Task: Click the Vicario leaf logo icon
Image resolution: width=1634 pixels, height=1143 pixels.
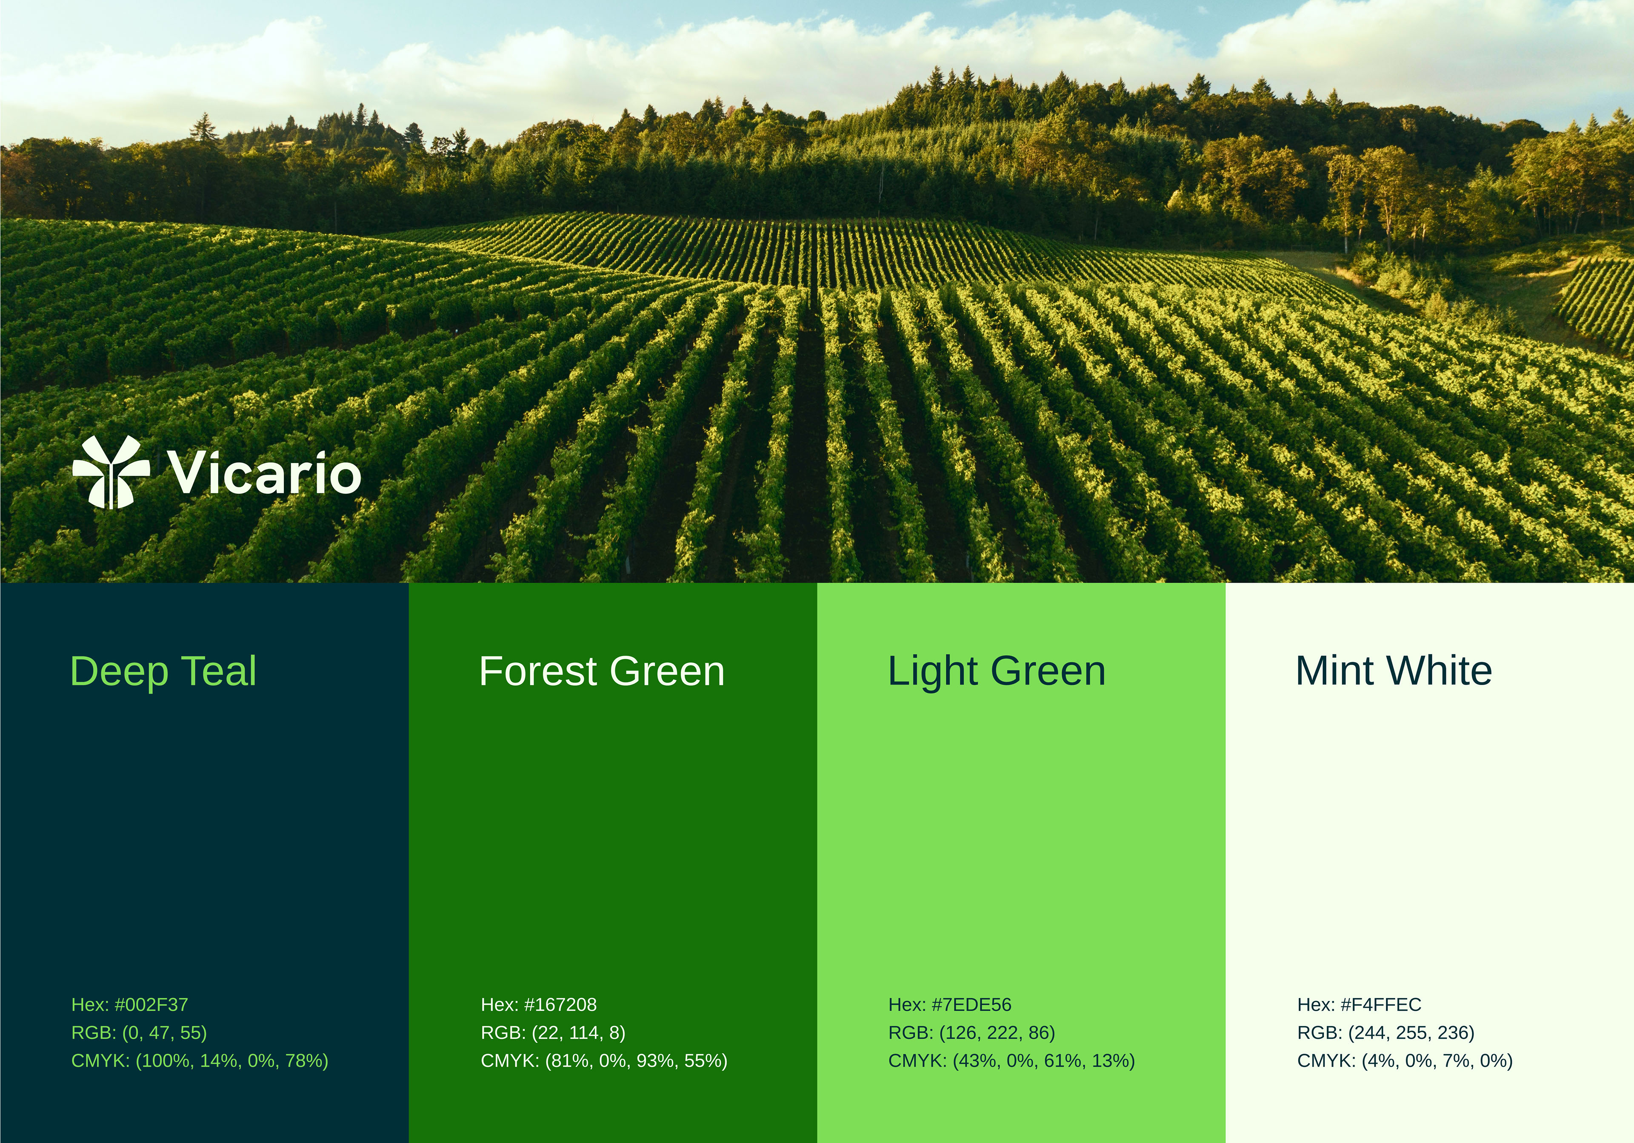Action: coord(111,472)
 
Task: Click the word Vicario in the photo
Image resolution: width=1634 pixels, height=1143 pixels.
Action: coord(264,472)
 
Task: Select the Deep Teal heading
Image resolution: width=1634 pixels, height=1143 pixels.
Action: coord(163,671)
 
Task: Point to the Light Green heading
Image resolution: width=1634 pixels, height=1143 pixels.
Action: coord(996,671)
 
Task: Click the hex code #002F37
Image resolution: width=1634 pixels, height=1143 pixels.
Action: coord(129,1005)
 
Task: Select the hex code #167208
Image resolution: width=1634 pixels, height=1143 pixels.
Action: coord(539,1005)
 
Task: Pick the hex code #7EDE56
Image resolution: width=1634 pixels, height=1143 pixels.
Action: coord(949,1005)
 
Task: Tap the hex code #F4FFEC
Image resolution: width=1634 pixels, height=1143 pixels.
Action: coord(1359,1005)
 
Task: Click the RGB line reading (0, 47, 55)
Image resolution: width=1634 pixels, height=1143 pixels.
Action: coord(139,1033)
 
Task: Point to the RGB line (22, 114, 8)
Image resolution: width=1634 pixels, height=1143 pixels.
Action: coord(553,1033)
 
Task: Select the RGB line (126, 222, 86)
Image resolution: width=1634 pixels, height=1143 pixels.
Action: coord(971,1033)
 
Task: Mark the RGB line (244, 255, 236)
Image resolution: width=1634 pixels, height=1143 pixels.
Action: coord(1385,1033)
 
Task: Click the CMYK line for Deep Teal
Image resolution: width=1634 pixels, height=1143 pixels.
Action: coord(199,1061)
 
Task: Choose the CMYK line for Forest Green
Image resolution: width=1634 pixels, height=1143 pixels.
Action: coord(604,1061)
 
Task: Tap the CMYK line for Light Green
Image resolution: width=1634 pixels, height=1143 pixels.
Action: coord(1011,1061)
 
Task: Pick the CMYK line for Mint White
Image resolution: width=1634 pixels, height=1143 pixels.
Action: coord(1405,1061)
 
